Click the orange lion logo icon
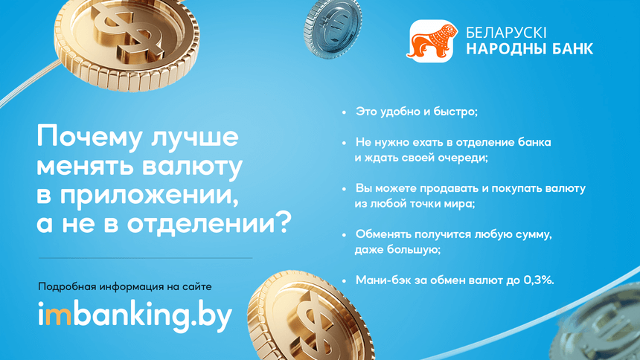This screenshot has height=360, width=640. (x=431, y=41)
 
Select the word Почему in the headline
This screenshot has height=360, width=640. (x=91, y=137)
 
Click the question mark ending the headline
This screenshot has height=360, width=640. (x=283, y=222)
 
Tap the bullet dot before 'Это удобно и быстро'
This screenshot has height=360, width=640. (x=344, y=112)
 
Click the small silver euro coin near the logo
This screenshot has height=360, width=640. (x=332, y=28)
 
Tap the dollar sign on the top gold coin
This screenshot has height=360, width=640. (x=127, y=32)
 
